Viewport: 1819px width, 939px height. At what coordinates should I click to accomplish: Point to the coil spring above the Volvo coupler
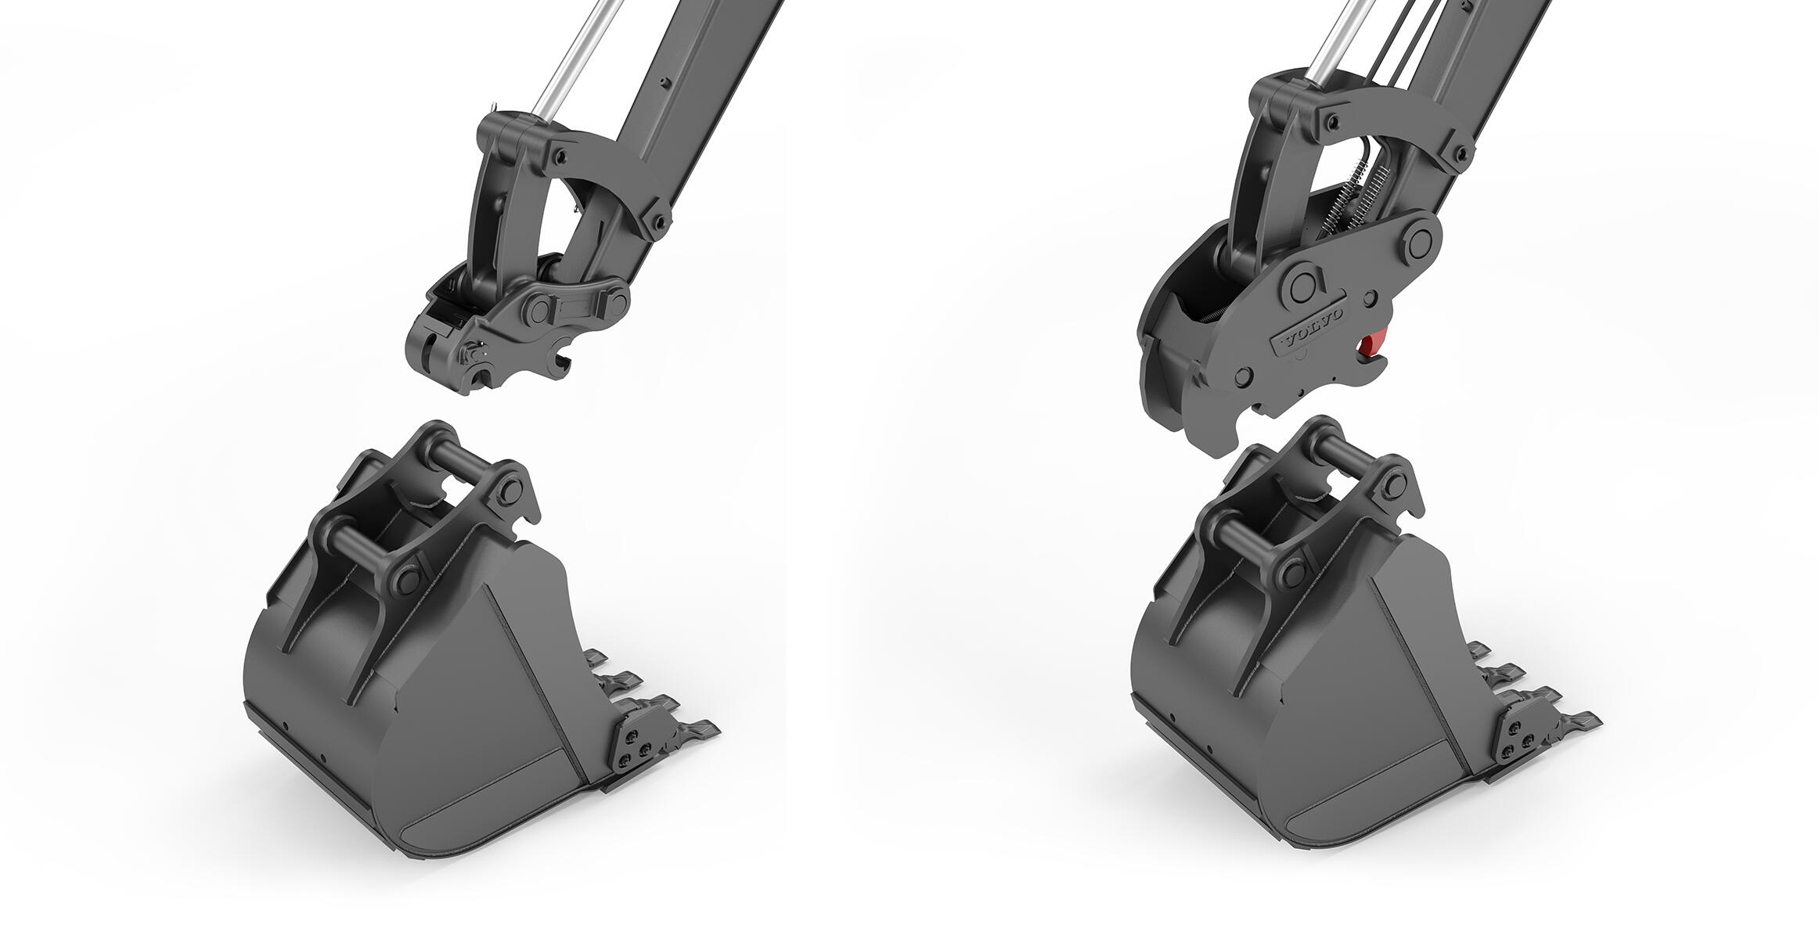coord(1349,200)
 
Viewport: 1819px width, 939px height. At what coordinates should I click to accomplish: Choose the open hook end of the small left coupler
coord(560,362)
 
